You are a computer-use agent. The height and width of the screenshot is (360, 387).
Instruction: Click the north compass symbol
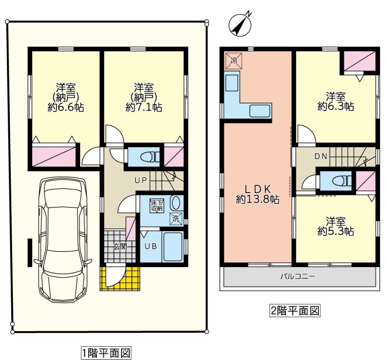[239, 25]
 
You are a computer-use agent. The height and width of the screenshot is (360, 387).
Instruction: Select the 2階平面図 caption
[295, 311]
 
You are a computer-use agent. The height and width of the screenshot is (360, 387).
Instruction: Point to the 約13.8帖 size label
[258, 200]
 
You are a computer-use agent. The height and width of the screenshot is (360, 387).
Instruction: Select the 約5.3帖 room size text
[336, 231]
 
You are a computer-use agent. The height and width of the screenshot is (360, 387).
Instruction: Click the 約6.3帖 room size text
[336, 106]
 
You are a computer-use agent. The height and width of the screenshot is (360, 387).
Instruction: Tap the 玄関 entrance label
[120, 246]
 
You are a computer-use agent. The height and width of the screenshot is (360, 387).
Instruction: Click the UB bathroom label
[151, 246]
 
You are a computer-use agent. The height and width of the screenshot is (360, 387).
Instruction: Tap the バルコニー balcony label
[297, 276]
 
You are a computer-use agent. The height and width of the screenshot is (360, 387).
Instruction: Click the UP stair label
[141, 180]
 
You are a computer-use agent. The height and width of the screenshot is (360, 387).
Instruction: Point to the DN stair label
[321, 157]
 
